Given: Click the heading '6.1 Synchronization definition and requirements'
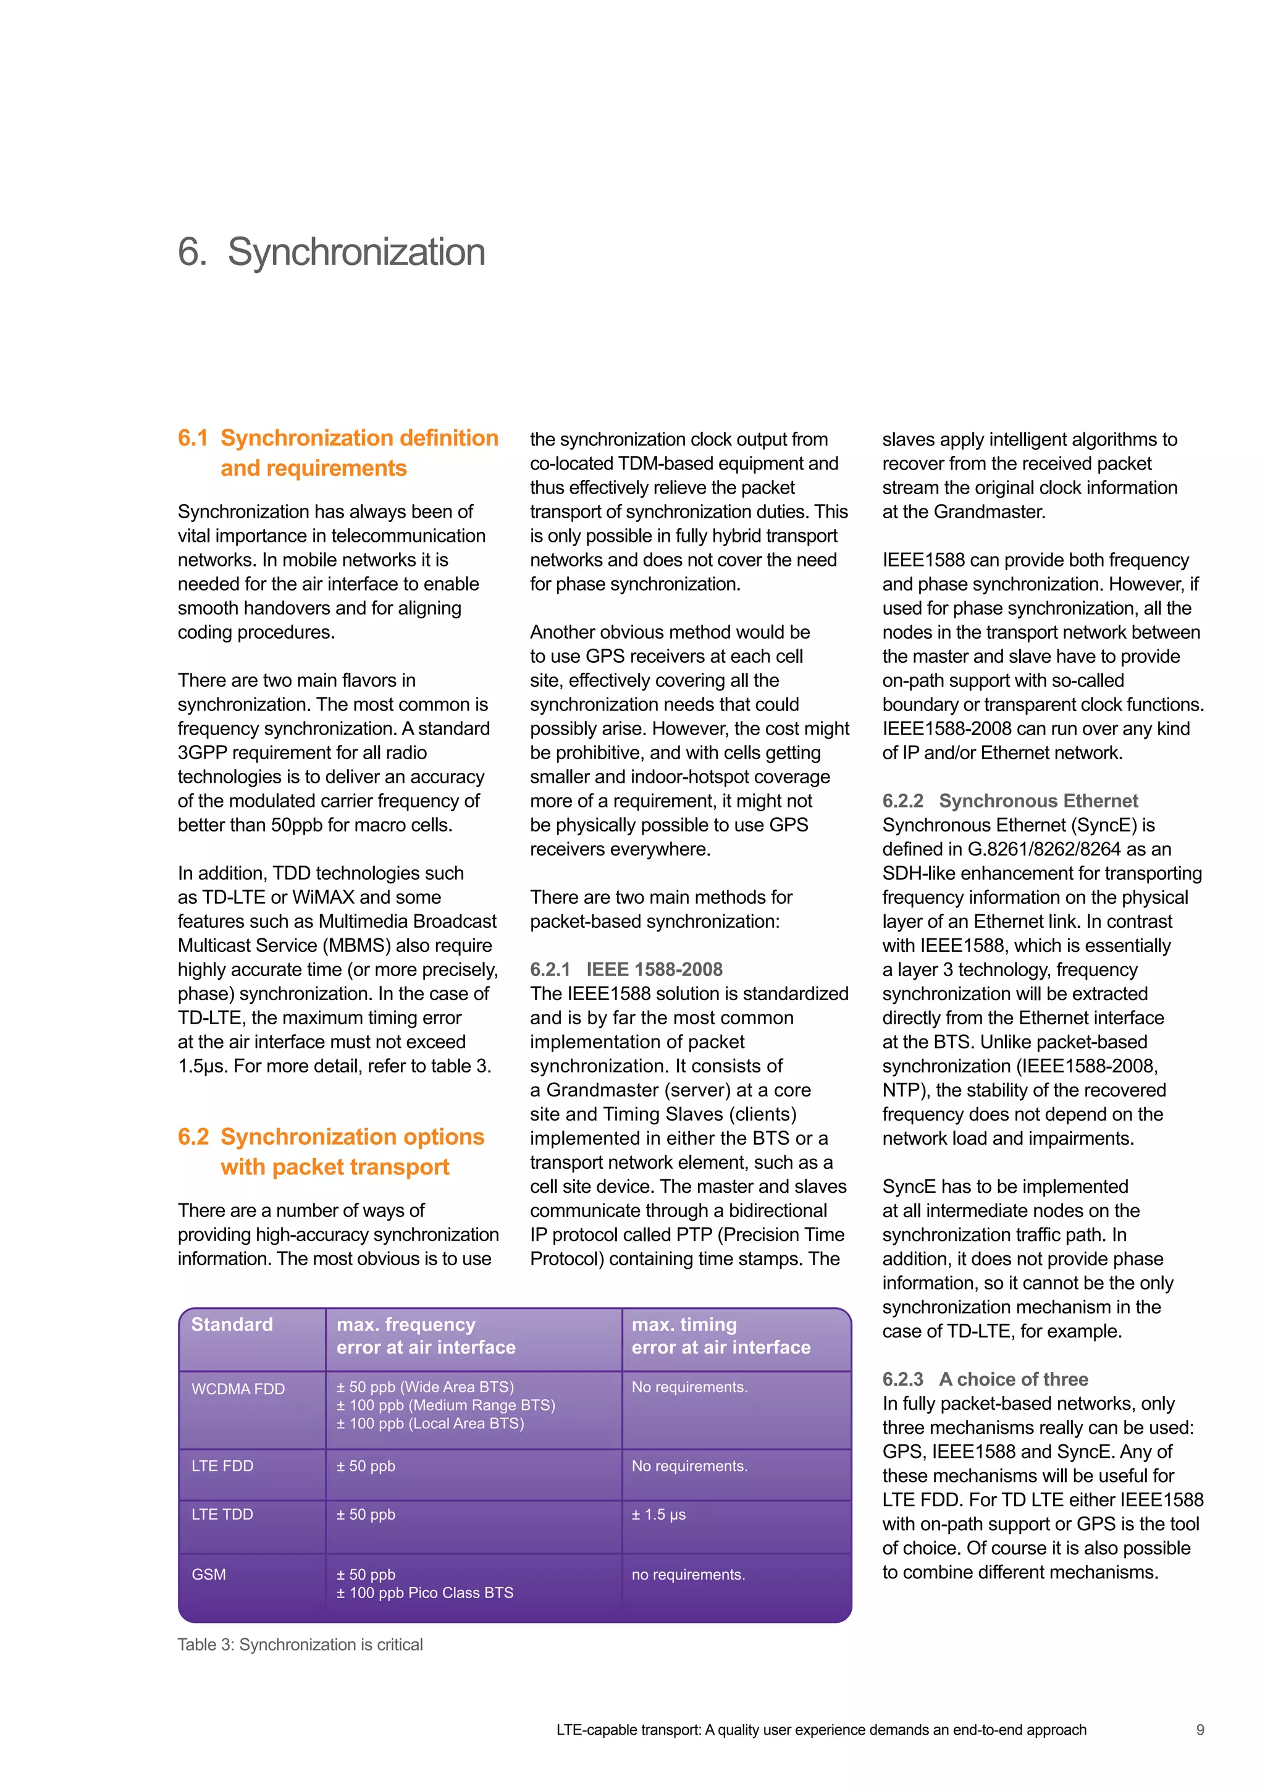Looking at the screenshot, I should [x=337, y=453].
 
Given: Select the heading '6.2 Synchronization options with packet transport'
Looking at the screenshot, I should [x=331, y=1151].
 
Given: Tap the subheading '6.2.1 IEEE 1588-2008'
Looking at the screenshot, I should [x=626, y=969].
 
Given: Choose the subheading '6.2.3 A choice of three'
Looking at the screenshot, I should [x=985, y=1379].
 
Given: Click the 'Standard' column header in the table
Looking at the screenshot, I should [x=232, y=1324].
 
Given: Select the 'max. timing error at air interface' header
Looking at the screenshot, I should [x=721, y=1336].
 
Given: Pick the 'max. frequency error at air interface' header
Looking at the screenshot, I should [x=426, y=1336].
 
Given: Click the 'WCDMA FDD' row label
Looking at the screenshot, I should [x=238, y=1389].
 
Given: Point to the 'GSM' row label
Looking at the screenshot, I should [x=209, y=1574].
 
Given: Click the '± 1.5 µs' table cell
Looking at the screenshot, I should [x=658, y=1514].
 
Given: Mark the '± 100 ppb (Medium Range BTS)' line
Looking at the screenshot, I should [x=445, y=1405].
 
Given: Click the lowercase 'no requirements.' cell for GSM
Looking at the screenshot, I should [x=688, y=1574].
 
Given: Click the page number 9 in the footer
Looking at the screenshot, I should [x=1200, y=1730].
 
